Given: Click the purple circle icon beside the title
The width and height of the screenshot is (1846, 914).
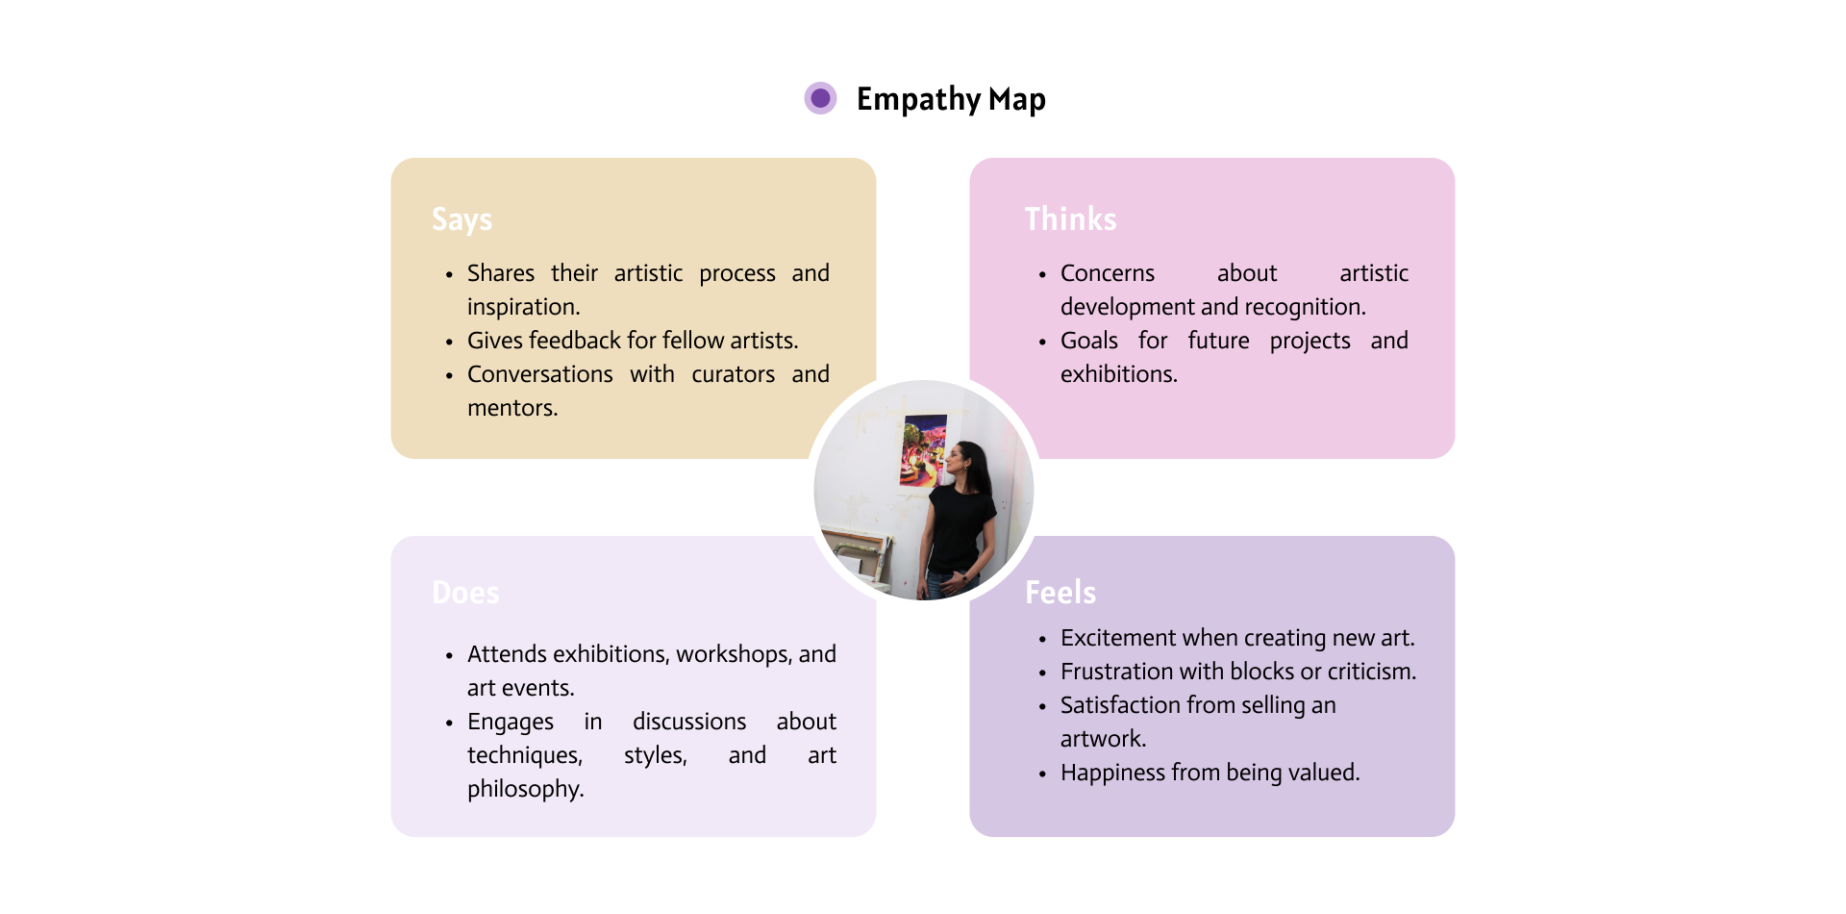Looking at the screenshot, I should [x=820, y=98].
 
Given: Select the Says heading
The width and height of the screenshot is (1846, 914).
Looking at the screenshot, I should [x=461, y=219].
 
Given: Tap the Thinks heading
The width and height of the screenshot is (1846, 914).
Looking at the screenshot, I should [x=1070, y=219].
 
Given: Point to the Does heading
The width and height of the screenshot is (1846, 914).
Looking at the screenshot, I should [x=465, y=593].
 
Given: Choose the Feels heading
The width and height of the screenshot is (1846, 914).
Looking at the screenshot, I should [x=1060, y=593].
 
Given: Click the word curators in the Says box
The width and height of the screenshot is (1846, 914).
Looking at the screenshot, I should [x=733, y=374].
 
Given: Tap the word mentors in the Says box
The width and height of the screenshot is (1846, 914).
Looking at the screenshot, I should [x=511, y=408].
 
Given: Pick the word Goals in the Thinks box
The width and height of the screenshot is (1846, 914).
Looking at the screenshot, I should [x=1088, y=341].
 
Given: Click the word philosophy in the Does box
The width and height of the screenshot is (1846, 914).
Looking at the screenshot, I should [x=525, y=789].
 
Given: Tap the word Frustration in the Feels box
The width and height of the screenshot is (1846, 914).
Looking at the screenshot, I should [x=1117, y=672].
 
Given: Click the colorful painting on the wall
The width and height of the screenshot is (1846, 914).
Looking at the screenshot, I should [x=923, y=449].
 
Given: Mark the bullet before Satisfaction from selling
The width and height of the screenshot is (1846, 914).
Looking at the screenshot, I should [x=1042, y=706].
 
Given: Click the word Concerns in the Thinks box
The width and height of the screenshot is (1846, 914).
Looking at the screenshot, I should [x=1107, y=273].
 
